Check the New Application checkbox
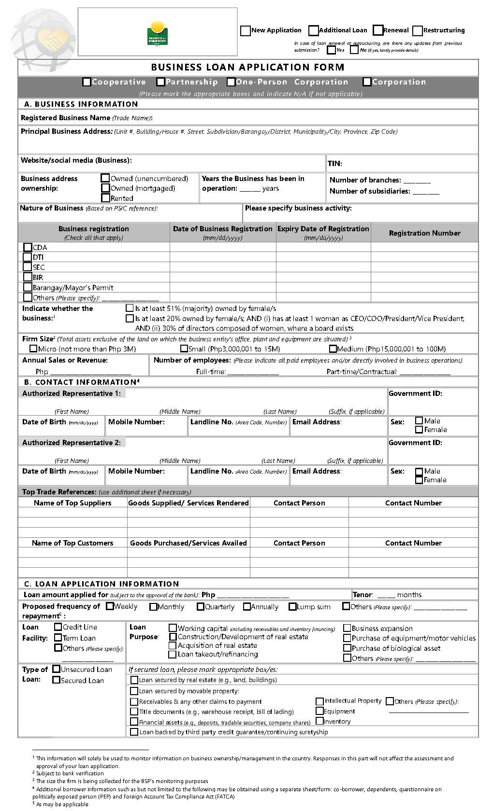(x=245, y=31)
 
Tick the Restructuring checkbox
(x=418, y=31)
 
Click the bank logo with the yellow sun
(x=157, y=32)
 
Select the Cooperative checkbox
(x=87, y=83)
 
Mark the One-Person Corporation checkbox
(x=231, y=83)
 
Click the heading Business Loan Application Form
(x=247, y=68)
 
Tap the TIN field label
(x=334, y=164)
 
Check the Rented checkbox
(x=105, y=198)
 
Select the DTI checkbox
(x=28, y=257)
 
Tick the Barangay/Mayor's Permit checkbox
(x=28, y=287)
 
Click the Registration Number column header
(x=424, y=233)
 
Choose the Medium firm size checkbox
(x=333, y=349)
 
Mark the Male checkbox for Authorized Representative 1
(x=419, y=421)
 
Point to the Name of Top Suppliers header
(x=72, y=503)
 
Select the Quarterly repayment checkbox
(x=201, y=607)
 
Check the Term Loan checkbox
(x=58, y=638)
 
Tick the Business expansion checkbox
(x=347, y=629)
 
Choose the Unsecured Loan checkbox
(x=56, y=670)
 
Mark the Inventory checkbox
(x=319, y=721)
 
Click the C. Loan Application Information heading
(x=101, y=584)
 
